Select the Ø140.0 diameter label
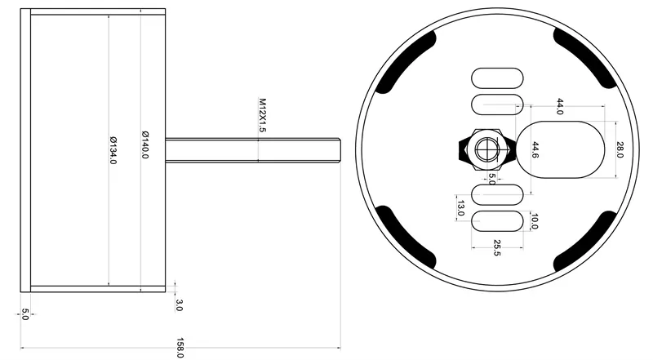pos(144,144)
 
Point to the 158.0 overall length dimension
pos(179,347)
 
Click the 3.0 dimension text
pos(179,305)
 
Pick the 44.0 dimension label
pos(559,107)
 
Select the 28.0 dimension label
pos(620,149)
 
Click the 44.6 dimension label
pos(535,149)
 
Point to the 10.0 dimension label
pos(534,221)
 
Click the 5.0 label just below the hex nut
pos(491,178)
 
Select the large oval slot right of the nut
pos(563,149)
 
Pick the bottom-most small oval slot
pos(497,222)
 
